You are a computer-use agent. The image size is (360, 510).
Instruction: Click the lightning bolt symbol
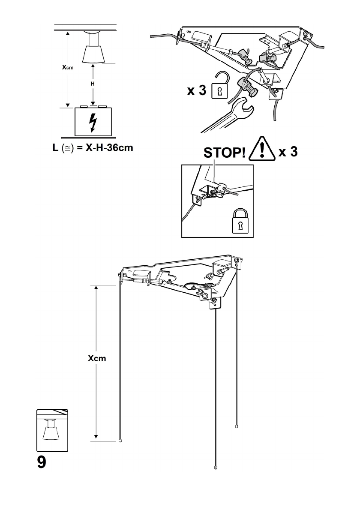[92, 123]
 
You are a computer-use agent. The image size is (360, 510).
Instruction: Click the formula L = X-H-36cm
[90, 148]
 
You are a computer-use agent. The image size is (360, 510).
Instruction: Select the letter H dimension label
[92, 84]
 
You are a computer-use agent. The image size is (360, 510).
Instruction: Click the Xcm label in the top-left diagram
[67, 67]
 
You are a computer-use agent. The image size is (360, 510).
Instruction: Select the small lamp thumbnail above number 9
[52, 430]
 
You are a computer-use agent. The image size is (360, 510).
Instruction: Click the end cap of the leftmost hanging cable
[120, 440]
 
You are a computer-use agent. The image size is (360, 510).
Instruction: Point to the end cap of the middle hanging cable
[215, 468]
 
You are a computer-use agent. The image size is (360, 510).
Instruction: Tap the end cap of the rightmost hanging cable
[237, 426]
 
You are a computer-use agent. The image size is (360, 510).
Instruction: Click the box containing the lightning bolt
[93, 123]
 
